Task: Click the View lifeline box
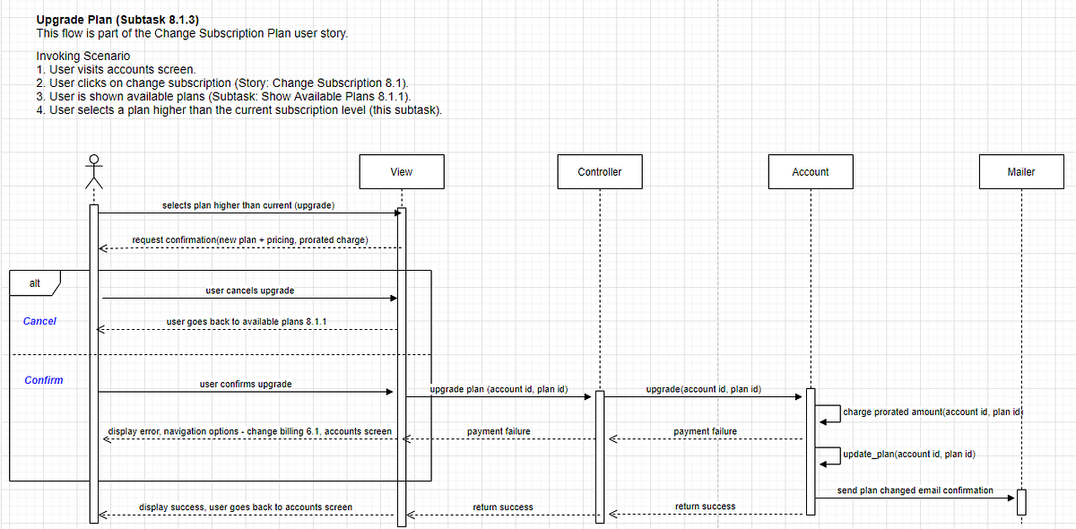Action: coord(401,171)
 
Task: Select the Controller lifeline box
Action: coord(599,171)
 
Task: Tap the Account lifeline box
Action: coord(810,171)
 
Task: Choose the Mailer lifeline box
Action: coord(1020,171)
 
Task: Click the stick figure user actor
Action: coord(94,171)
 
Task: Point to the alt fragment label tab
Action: coord(34,283)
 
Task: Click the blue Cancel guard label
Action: coord(39,321)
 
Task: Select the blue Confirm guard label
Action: coord(44,380)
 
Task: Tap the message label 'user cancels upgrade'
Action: coord(249,291)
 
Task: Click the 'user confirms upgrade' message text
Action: coord(245,384)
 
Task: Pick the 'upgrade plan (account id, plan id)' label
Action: coord(498,390)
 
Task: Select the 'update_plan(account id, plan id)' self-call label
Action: coord(909,454)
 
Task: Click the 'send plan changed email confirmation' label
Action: coord(915,490)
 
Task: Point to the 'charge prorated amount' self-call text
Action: coord(933,412)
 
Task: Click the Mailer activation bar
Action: coord(1020,502)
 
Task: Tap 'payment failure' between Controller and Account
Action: coord(705,431)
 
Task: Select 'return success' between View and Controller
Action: coord(502,507)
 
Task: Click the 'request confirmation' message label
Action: coord(249,240)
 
